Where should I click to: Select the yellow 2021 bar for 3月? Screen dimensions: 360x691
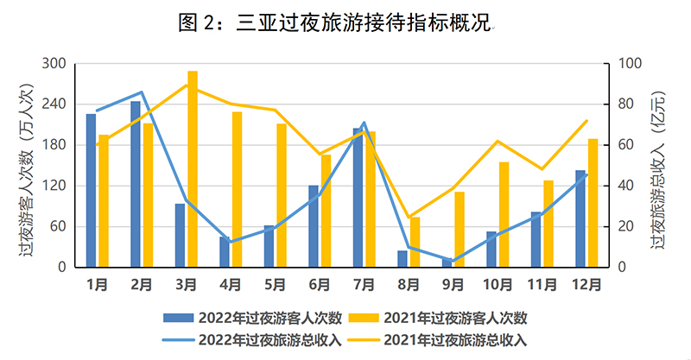193,169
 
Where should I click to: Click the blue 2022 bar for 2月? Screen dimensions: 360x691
136,184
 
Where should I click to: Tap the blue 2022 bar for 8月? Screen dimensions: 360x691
402,259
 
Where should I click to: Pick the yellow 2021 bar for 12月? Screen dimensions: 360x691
593,203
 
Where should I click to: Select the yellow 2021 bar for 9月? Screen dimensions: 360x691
460,230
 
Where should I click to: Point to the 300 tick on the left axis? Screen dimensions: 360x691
54,64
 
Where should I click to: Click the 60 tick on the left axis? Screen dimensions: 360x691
57,227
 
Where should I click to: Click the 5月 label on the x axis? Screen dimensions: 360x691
275,282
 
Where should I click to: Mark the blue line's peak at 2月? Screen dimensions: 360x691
142,92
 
